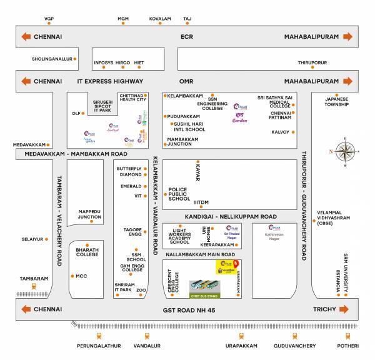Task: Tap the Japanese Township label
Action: coord(337,101)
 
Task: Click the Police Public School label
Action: coord(179,194)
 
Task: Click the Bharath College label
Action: coord(87,252)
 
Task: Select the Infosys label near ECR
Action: coord(104,63)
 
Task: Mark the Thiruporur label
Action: coord(312,63)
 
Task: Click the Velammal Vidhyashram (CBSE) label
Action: coord(334,217)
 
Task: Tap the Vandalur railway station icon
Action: coord(146,336)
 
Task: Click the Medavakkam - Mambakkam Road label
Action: coord(76,153)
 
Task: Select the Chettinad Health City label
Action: coord(132,97)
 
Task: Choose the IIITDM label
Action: coord(201,202)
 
